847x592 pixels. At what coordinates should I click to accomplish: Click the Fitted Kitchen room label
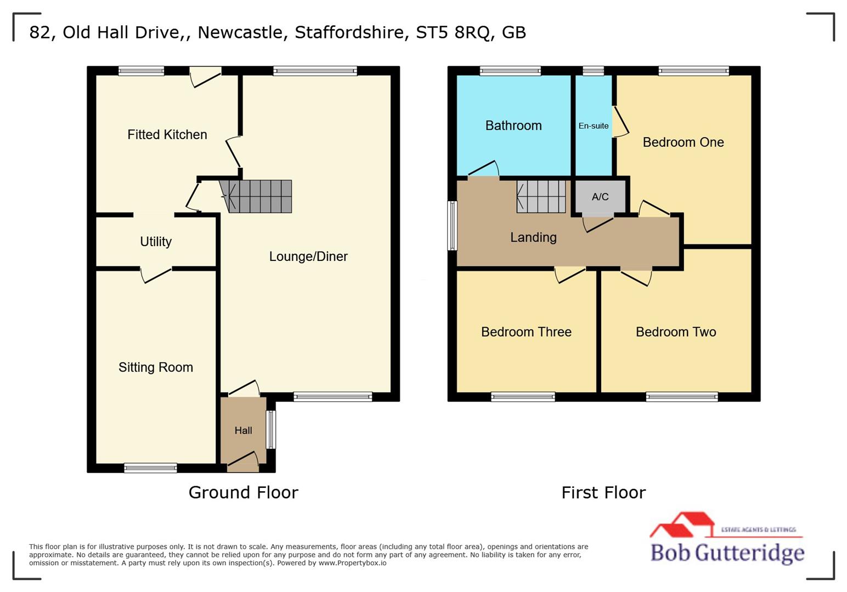pos(167,135)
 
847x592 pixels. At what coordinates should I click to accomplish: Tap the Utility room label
pos(156,242)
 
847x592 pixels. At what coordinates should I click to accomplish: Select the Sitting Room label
pos(156,367)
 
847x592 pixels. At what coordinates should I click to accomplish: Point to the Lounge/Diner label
pos(308,257)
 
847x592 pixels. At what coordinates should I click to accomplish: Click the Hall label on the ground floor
pos(243,431)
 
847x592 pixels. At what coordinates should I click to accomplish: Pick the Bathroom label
pos(513,126)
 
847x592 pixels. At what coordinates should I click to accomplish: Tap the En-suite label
pos(594,126)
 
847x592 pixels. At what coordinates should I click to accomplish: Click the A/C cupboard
pos(600,197)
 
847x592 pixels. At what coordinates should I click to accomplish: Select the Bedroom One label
pos(683,143)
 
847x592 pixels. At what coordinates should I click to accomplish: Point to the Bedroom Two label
pos(676,332)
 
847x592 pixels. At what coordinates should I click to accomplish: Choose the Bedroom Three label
pos(526,332)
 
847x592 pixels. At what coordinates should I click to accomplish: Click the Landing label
pos(533,237)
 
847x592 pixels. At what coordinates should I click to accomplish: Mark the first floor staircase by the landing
pos(541,196)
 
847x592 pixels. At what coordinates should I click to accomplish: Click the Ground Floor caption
pos(243,493)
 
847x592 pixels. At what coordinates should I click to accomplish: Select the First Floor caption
pos(603,493)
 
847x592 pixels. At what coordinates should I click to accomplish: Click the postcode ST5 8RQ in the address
pos(453,32)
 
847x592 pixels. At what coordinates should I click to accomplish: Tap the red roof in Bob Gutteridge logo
pos(683,523)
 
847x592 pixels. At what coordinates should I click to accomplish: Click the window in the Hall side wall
pos(271,430)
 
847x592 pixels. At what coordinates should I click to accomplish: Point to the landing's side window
pos(452,226)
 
